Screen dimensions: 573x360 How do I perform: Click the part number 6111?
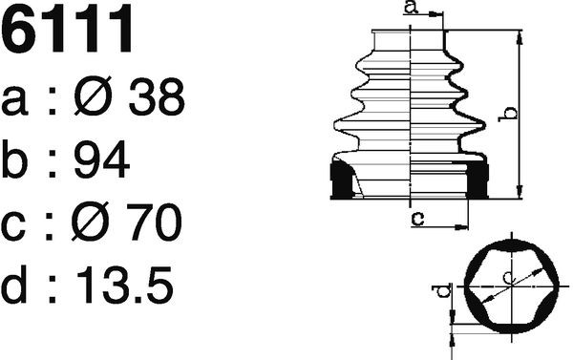67,29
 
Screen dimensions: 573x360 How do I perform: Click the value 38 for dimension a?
157,96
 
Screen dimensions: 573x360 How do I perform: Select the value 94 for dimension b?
101,159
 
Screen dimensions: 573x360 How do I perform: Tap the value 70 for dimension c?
154,222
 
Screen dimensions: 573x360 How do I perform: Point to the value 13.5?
124,285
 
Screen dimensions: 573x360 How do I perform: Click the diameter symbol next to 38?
93,95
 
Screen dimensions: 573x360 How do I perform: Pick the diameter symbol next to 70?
91,222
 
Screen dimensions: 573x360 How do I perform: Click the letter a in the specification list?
14,101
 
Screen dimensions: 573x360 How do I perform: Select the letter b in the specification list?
14,159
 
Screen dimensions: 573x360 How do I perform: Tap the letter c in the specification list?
13,226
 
